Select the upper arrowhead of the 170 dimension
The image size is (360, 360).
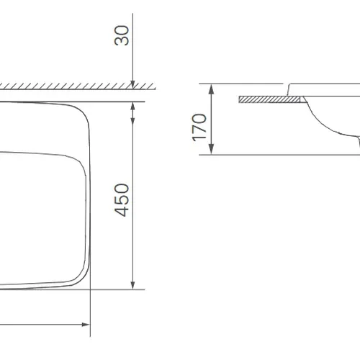click(x=211, y=89)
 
